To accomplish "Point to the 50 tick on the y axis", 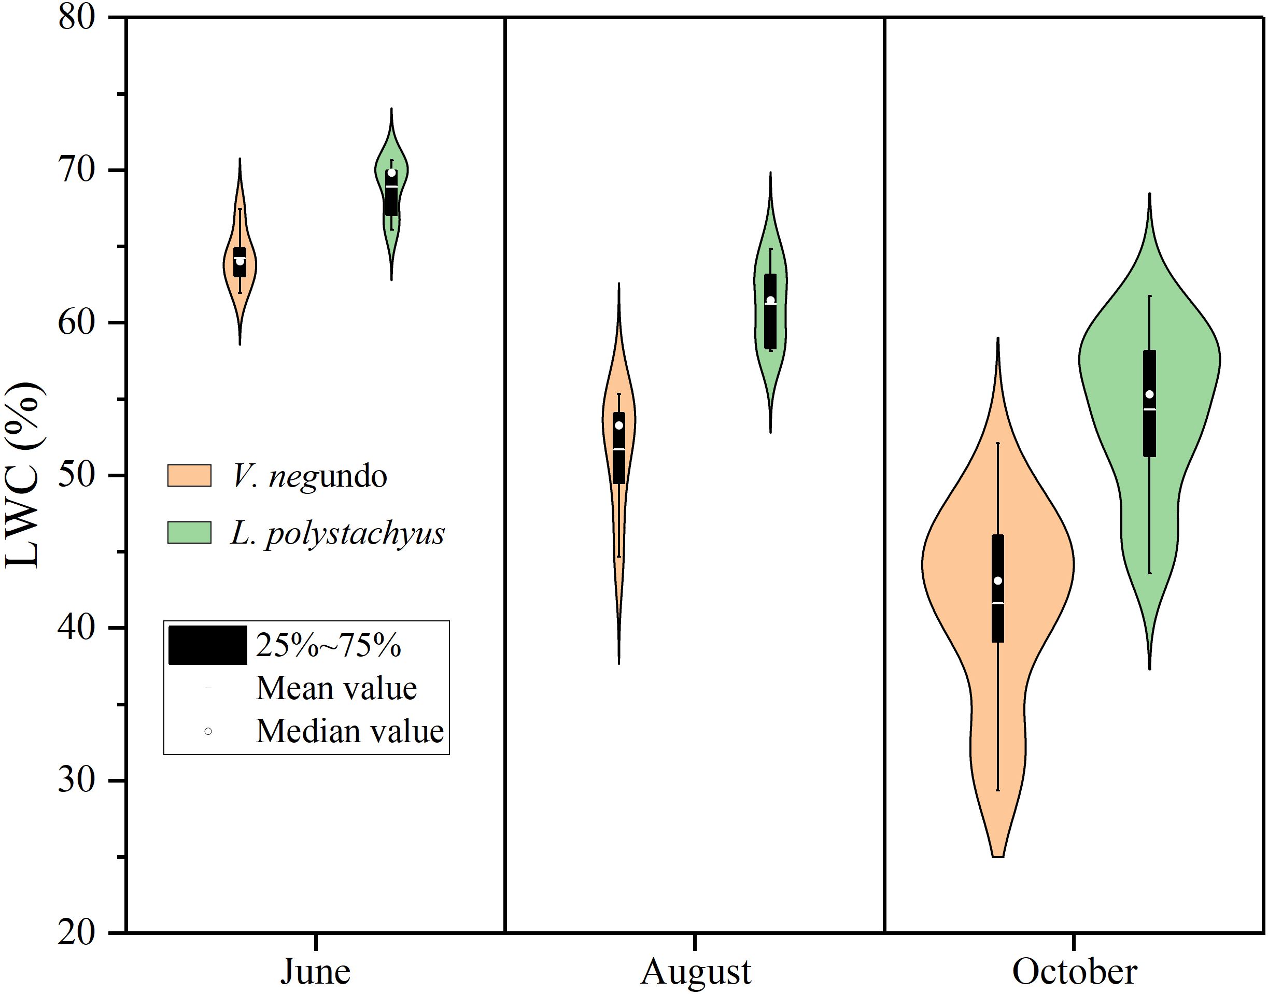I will pyautogui.click(x=76, y=475).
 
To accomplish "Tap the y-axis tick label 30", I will pyautogui.click(x=76, y=780).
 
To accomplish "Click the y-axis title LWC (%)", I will pyautogui.click(x=23, y=475).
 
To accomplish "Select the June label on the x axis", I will pyautogui.click(x=316, y=971).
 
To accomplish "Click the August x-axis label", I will pyautogui.click(x=695, y=971).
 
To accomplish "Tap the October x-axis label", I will pyautogui.click(x=1074, y=971).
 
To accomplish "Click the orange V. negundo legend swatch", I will pyautogui.click(x=189, y=475).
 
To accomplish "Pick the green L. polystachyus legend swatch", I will pyautogui.click(x=189, y=533).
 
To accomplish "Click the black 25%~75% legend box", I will pyautogui.click(x=208, y=645).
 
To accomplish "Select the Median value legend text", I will pyautogui.click(x=349, y=731).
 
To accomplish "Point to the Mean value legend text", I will pyautogui.click(x=336, y=688).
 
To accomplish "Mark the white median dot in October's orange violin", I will pyautogui.click(x=998, y=581).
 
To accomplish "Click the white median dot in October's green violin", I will pyautogui.click(x=1149, y=394).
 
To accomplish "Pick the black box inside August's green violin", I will pyautogui.click(x=770, y=326).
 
